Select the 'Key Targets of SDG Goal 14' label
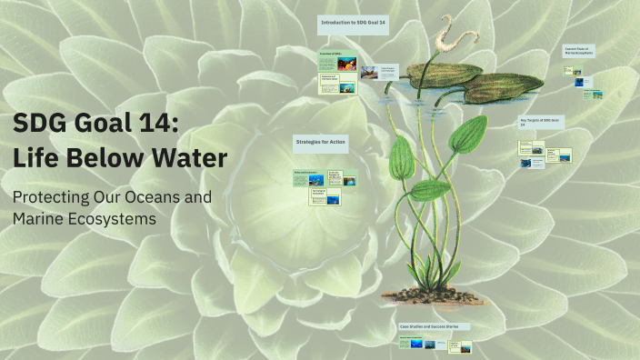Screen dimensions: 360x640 [x=543, y=122]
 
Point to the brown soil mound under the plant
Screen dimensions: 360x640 [x=427, y=295]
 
